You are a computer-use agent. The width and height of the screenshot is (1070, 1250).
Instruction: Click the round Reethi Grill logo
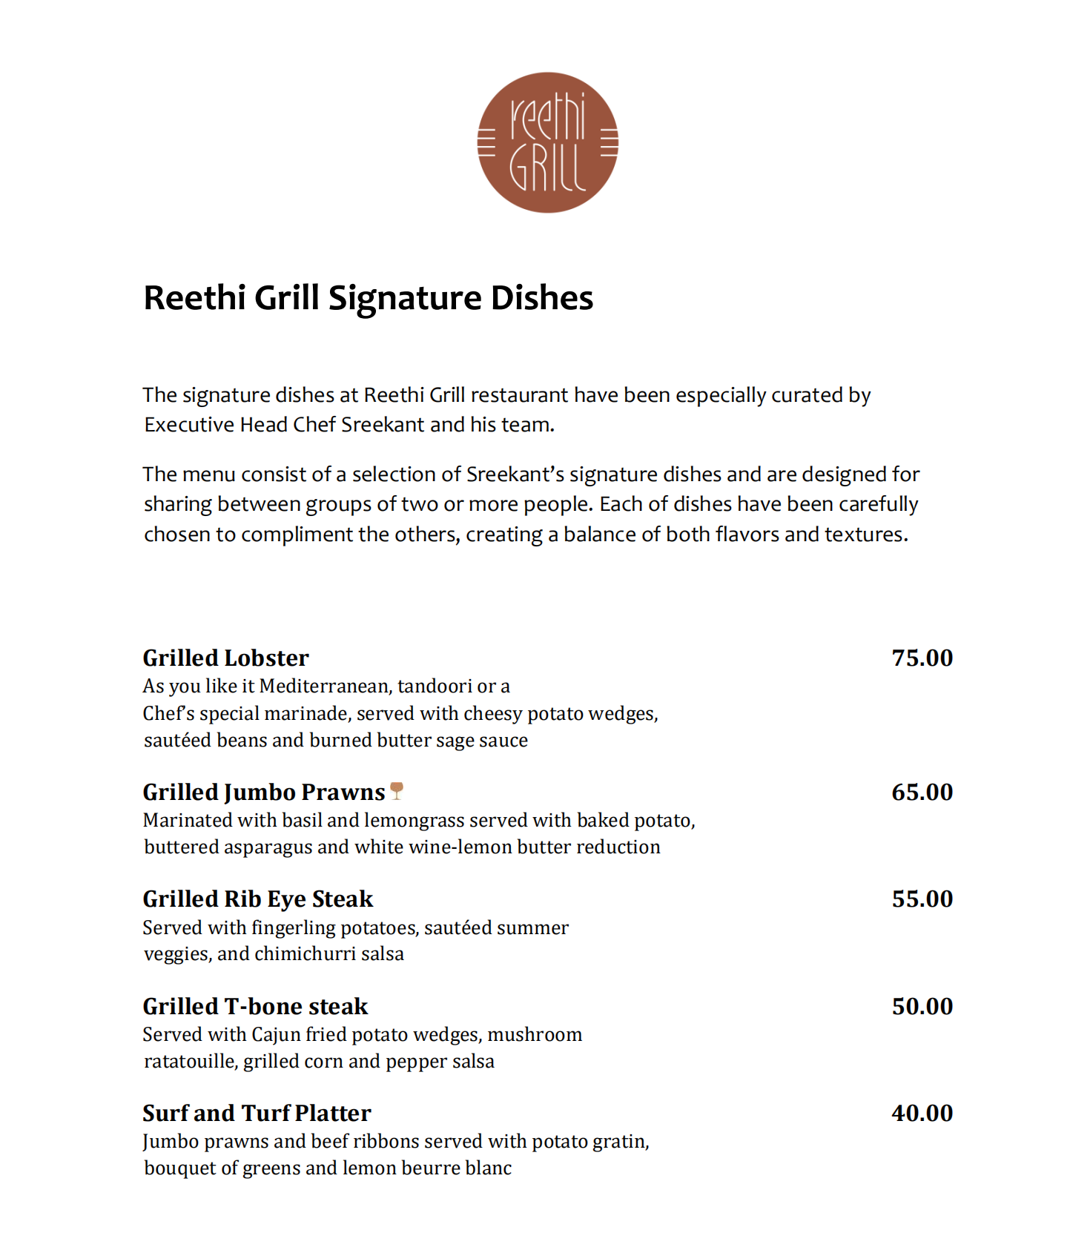click(x=547, y=142)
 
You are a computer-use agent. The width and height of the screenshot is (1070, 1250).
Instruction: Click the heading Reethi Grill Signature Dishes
click(x=368, y=298)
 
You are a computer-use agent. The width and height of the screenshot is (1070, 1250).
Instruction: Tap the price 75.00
click(x=922, y=658)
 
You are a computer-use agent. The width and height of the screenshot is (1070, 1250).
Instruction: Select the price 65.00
click(x=922, y=793)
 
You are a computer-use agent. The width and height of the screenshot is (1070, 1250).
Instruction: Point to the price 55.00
click(x=922, y=899)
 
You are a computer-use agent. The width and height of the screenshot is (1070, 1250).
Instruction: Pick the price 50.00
click(x=922, y=1007)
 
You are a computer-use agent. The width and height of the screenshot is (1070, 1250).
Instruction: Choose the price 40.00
click(x=922, y=1114)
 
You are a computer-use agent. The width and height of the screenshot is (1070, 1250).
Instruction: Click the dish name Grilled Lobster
click(x=225, y=658)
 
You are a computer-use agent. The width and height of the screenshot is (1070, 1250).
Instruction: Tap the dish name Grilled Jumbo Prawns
click(x=264, y=793)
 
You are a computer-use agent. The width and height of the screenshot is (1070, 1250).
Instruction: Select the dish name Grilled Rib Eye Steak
click(x=257, y=899)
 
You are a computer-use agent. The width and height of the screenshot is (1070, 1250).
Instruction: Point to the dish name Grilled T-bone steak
click(x=255, y=1007)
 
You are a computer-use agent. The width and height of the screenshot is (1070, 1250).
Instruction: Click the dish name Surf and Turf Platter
click(x=257, y=1114)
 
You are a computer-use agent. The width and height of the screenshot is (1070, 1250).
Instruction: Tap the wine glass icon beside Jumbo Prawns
click(x=397, y=791)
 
